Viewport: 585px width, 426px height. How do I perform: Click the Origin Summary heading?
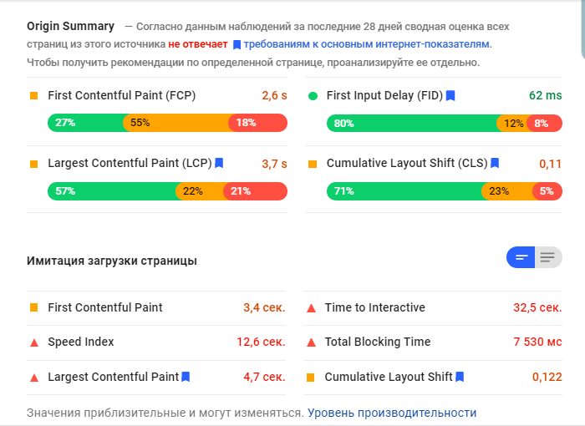click(70, 27)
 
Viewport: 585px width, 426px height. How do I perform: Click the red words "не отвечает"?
click(197, 44)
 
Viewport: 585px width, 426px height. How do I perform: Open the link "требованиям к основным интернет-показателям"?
click(368, 44)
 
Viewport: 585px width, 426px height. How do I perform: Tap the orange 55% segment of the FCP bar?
click(175, 123)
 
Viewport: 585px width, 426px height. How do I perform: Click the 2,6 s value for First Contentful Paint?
click(274, 96)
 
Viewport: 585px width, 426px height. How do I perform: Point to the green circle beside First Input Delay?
click(313, 96)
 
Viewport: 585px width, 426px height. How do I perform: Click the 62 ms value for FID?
click(546, 96)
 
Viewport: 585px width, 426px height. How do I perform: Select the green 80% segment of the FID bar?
click(411, 123)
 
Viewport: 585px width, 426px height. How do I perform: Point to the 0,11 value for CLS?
click(550, 164)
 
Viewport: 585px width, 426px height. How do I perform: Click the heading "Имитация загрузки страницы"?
click(112, 261)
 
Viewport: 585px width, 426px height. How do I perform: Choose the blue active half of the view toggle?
click(521, 257)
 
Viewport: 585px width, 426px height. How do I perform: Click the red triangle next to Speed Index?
click(34, 342)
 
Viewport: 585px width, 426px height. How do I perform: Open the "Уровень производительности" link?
click(392, 413)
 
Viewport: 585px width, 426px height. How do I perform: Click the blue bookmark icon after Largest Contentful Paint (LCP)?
click(219, 164)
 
